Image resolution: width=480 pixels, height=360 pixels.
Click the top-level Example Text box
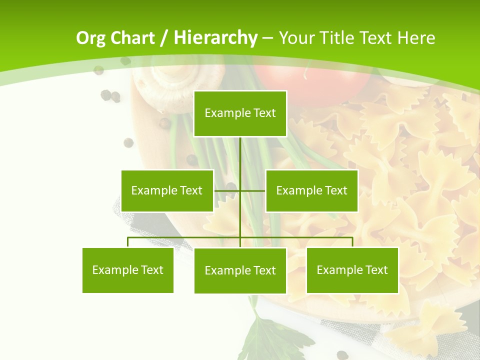pos(240,113)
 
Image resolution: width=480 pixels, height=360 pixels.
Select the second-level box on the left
pos(167,190)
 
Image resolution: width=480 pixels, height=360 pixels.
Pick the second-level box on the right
pos(311,190)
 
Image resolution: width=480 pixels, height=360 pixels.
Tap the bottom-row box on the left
pos(128,270)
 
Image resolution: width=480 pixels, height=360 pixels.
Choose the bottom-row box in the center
pos(240,270)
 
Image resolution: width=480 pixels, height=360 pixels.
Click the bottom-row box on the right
pos(352,270)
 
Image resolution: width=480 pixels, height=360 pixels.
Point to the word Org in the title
pos(90,38)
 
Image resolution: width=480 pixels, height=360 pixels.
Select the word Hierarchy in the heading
pos(215,38)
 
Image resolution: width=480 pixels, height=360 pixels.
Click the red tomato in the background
pos(312,80)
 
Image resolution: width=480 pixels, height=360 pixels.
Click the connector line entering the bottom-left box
pos(128,242)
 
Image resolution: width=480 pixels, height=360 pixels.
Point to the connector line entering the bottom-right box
pos(352,242)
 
